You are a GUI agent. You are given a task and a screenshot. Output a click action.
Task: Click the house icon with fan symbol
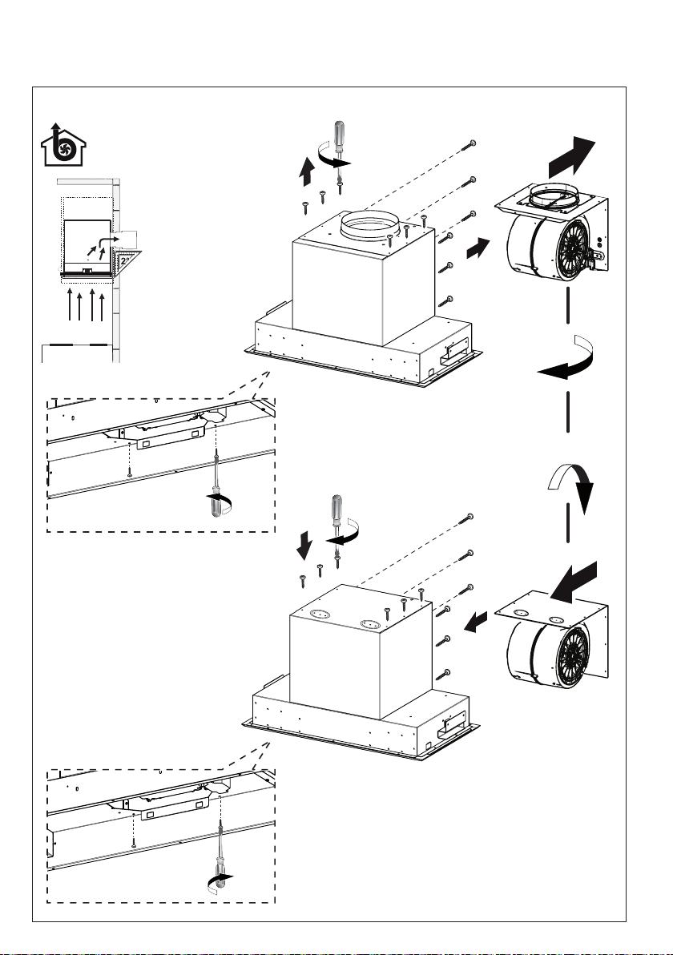pos(62,145)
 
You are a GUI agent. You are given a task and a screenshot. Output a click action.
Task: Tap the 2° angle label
pos(125,260)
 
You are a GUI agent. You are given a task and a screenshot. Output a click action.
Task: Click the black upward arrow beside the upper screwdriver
pos(306,171)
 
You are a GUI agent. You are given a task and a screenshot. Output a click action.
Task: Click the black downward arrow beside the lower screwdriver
pos(304,545)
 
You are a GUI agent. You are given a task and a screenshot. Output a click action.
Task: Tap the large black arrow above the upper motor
pos(571,157)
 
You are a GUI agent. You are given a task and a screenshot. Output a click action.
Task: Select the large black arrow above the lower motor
pos(574,582)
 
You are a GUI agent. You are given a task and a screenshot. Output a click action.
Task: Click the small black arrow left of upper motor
pos(479,248)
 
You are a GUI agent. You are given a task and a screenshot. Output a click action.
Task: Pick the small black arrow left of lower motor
pos(476,622)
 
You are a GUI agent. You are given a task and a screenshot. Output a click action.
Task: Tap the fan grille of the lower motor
pos(573,657)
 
